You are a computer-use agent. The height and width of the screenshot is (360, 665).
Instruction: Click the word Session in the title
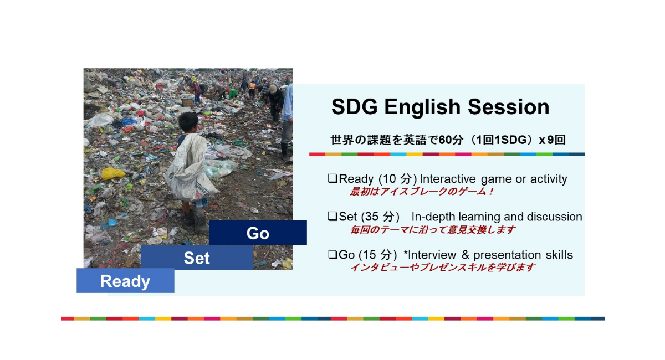pos(509,107)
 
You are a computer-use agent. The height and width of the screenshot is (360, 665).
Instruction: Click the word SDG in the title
pos(355,107)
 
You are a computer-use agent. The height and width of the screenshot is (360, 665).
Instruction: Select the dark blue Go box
pos(258,233)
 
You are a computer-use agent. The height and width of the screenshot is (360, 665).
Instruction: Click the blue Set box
pos(197,258)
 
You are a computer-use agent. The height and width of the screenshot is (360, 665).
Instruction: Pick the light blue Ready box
pos(125,280)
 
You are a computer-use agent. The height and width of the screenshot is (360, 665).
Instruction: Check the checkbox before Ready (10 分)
pos(332,178)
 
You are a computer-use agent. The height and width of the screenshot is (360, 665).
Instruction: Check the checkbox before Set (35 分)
pos(332,217)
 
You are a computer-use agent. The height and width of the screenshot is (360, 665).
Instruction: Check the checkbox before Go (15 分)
pos(332,254)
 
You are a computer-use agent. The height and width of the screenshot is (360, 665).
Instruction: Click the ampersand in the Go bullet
pos(465,255)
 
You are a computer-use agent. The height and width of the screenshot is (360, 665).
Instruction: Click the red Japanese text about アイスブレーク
pos(422,192)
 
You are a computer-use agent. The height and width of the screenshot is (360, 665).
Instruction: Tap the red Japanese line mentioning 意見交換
pos(433,229)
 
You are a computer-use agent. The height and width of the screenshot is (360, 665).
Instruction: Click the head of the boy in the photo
pos(188,122)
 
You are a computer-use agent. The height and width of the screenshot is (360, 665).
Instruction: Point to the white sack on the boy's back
pos(190,168)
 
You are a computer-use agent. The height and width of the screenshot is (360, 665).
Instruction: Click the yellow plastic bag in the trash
pos(112,173)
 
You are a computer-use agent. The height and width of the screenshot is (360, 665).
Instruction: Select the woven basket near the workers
pos(187,102)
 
